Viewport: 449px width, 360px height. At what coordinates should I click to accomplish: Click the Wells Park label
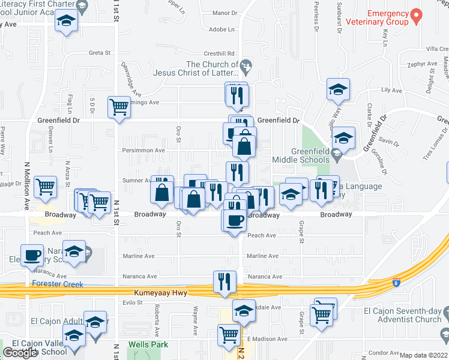148,345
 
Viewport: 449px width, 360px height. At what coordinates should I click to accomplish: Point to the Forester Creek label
58,284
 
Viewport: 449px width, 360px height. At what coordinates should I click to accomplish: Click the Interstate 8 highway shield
396,282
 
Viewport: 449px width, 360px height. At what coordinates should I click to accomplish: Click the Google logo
20,353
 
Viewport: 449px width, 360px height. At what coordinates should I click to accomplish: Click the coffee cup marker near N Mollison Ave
32,254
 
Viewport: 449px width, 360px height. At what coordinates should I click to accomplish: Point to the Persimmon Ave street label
143,151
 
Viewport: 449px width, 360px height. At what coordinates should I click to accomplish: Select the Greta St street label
100,53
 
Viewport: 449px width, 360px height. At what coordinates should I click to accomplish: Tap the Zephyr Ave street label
422,64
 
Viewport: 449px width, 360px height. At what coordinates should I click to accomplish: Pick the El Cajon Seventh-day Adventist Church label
403,315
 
